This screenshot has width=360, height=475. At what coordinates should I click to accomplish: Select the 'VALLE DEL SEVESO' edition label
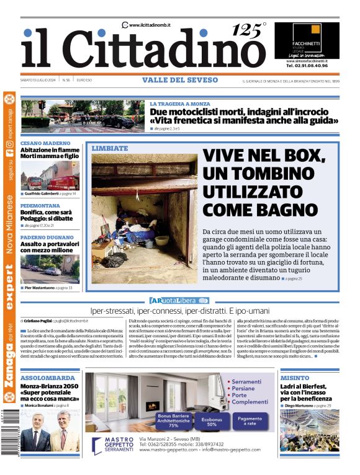(180, 80)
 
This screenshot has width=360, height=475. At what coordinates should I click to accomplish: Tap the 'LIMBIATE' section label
(110, 148)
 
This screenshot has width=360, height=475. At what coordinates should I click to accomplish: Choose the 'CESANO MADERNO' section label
(45, 143)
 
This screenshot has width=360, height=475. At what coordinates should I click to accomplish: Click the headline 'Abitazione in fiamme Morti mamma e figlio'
(50, 154)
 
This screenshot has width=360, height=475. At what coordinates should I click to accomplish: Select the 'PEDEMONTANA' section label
(41, 204)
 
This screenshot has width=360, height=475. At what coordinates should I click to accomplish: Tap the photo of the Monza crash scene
(83, 115)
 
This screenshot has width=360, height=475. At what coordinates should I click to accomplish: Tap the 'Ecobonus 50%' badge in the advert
(211, 420)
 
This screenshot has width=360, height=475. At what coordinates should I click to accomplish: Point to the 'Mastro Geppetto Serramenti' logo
(113, 445)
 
